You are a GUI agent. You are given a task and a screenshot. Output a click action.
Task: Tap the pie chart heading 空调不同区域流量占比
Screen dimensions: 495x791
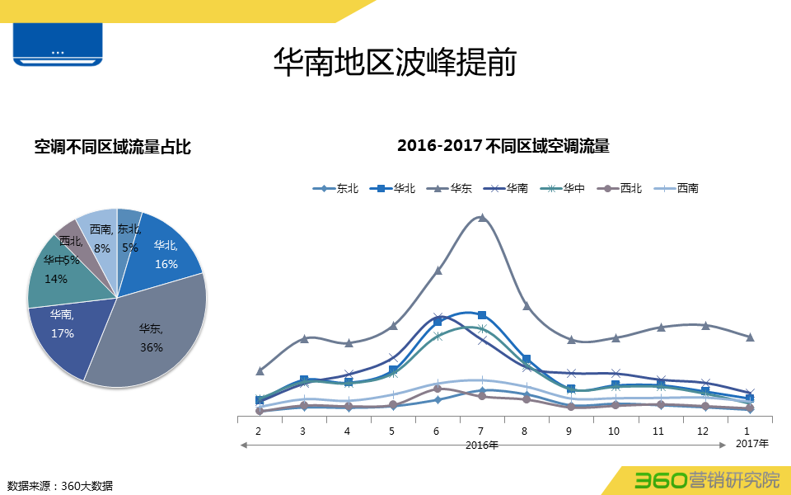pyautogui.click(x=112, y=147)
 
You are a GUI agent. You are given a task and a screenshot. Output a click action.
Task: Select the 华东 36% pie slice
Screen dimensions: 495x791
pyautogui.click(x=148, y=338)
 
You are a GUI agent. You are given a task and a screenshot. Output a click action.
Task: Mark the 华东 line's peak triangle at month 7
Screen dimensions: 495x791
pyautogui.click(x=482, y=218)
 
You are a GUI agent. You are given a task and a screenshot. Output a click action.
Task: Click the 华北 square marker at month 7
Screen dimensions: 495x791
pyautogui.click(x=482, y=315)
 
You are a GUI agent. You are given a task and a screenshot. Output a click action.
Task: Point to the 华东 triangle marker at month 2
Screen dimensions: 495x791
pyautogui.click(x=260, y=370)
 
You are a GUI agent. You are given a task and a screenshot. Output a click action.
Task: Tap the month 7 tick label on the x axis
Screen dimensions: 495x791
pyautogui.click(x=481, y=431)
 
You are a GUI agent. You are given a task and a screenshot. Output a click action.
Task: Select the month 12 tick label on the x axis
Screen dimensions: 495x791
pyautogui.click(x=702, y=431)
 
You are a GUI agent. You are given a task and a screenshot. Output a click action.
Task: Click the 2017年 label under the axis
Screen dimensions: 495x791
pyautogui.click(x=751, y=444)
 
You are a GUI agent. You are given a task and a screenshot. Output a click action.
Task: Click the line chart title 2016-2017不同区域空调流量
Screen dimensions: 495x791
pyautogui.click(x=503, y=147)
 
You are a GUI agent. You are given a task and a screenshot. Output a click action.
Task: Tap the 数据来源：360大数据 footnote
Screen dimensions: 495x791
pyautogui.click(x=60, y=485)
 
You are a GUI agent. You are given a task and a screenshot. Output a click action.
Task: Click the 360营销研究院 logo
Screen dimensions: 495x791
pyautogui.click(x=706, y=480)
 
